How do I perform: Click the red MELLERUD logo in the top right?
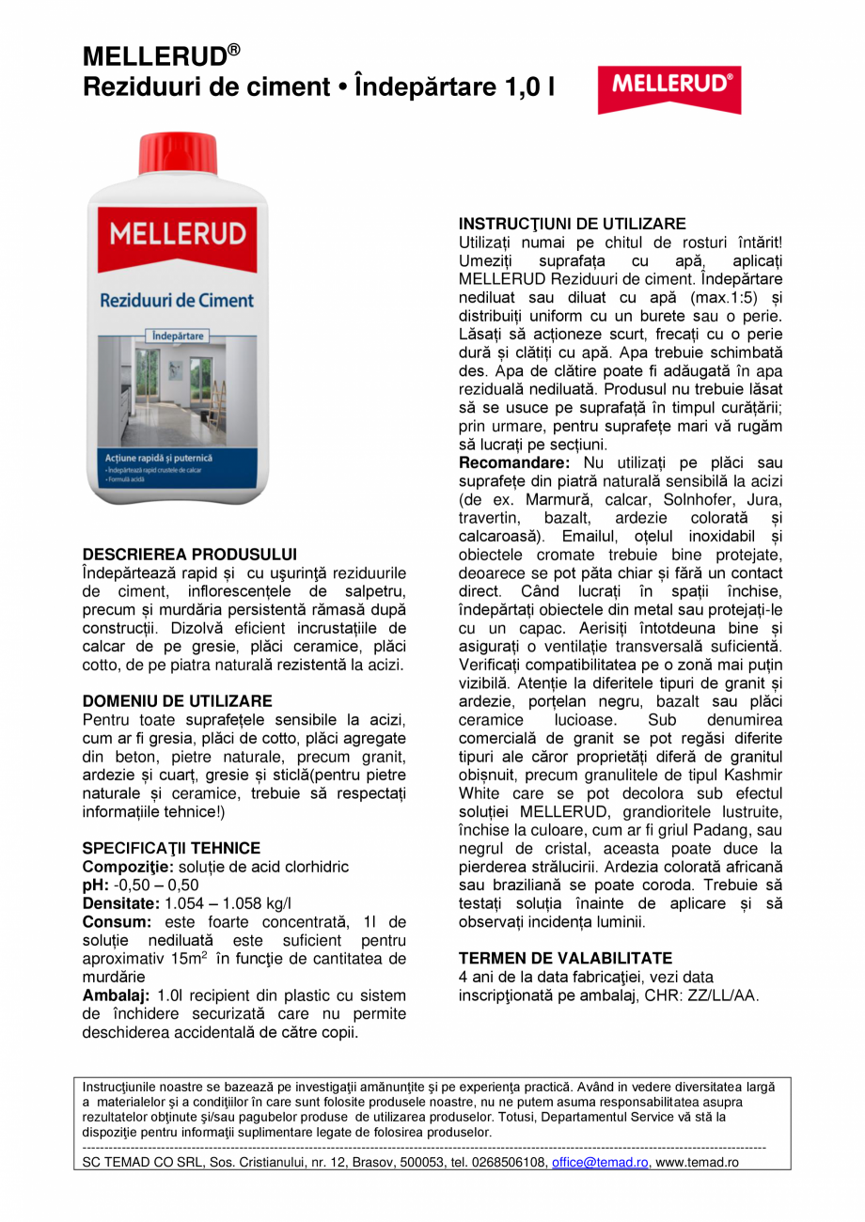coord(669,86)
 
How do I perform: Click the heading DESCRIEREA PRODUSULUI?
coord(190,555)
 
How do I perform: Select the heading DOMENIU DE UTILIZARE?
coord(178,701)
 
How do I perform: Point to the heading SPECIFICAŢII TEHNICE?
coord(172,848)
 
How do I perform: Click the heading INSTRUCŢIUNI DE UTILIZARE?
coord(572,224)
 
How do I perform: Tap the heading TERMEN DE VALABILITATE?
coord(565,958)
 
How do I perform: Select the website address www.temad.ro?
coord(697,1163)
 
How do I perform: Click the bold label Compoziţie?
coord(122,867)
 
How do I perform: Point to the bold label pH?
coord(96,885)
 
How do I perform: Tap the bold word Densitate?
coord(121,903)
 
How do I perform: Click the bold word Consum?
coord(114,922)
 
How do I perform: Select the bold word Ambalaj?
coord(117,995)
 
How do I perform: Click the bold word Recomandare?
coord(514,463)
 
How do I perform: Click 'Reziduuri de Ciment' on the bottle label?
coord(178,301)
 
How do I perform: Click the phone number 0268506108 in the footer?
coord(509,1163)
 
